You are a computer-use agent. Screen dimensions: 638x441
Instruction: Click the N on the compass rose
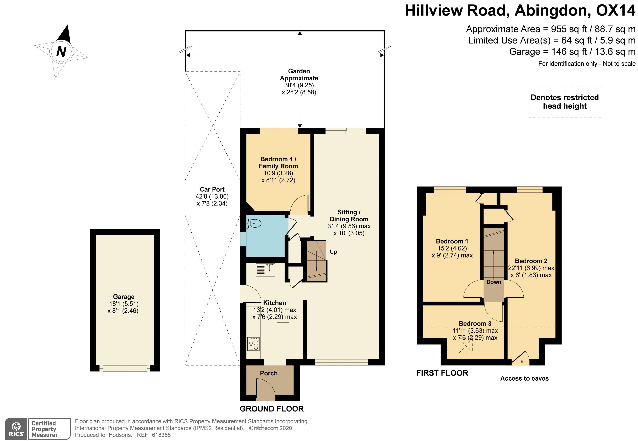click(61, 51)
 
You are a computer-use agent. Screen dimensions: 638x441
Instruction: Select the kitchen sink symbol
click(266, 270)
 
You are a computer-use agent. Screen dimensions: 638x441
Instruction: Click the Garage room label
click(124, 297)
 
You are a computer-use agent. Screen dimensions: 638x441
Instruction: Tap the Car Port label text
click(212, 190)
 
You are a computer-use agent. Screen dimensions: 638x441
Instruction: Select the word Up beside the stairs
click(333, 252)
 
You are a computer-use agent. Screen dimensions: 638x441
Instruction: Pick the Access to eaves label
click(524, 378)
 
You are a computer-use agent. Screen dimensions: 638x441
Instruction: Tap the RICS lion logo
click(16, 429)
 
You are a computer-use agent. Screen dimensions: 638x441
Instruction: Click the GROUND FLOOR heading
click(272, 409)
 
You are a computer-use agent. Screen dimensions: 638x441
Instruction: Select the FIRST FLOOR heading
click(442, 373)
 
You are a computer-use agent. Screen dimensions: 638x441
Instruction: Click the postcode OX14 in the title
click(615, 10)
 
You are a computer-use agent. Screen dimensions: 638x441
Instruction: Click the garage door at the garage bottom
click(125, 368)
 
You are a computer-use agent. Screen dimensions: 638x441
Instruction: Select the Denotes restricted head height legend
click(565, 102)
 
